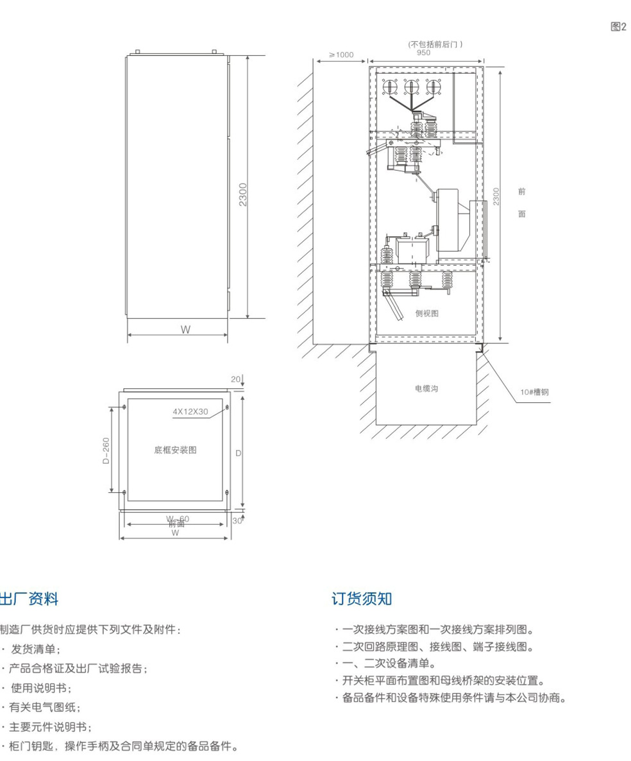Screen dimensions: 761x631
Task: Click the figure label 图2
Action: point(618,26)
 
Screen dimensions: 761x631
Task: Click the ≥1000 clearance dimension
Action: point(341,55)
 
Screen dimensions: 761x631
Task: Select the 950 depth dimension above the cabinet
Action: point(423,53)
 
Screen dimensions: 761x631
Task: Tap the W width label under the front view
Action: point(185,330)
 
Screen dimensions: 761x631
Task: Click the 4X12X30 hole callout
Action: point(190,411)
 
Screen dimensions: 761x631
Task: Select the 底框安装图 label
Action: point(175,450)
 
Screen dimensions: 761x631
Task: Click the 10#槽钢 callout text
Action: point(537,391)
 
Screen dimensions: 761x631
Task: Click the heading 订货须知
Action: point(362,599)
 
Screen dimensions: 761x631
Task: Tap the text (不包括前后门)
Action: point(435,44)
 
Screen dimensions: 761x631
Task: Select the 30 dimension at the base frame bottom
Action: point(237,521)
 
